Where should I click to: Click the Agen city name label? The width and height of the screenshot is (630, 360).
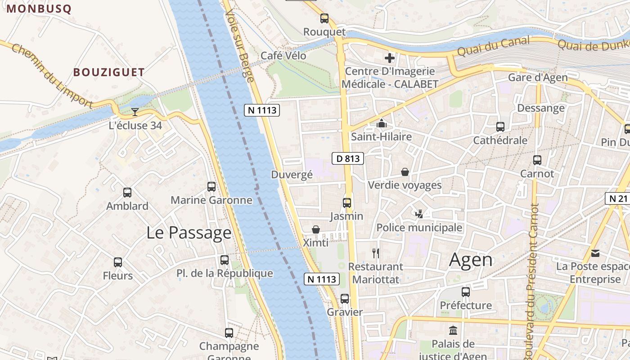(471, 260)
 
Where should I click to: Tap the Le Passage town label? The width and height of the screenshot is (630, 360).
(189, 233)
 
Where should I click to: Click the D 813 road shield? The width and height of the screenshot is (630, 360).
(348, 158)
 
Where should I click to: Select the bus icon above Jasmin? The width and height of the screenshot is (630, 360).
(346, 202)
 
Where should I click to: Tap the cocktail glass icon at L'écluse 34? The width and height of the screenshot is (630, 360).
(135, 112)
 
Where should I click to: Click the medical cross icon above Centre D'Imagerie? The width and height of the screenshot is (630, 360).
(390, 58)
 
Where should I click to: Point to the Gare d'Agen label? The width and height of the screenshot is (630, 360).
(538, 77)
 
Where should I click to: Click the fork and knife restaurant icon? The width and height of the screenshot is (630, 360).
(376, 253)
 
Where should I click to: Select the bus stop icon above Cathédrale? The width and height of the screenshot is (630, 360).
(500, 127)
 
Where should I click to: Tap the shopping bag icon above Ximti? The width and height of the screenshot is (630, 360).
(316, 229)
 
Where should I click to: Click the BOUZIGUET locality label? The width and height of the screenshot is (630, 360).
(109, 72)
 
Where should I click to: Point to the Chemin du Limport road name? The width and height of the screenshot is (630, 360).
(51, 76)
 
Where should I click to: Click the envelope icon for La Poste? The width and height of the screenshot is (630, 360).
(595, 253)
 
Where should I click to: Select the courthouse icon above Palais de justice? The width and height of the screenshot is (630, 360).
(453, 331)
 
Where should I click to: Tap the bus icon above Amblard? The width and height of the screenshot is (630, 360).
(127, 193)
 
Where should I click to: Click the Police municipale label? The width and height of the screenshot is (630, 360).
(419, 228)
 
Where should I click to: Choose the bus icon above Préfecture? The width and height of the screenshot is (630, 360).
(466, 292)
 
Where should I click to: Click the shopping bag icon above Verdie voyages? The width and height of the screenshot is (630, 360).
(405, 172)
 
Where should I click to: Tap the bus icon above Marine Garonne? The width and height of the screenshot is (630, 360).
(211, 186)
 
